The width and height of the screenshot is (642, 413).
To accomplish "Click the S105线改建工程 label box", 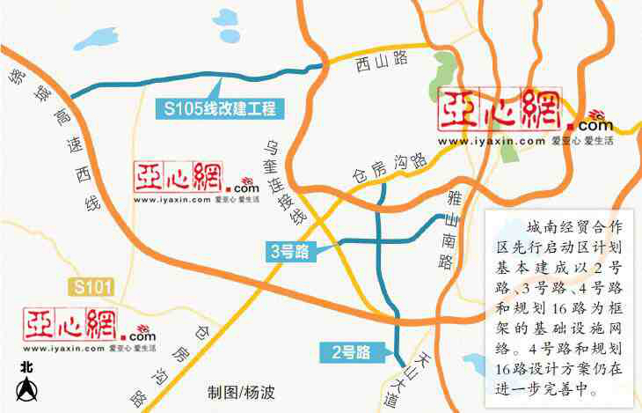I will click(x=217, y=109).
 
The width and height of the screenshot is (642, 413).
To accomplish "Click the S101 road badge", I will click(x=92, y=286).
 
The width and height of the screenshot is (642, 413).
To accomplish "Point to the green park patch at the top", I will click(x=448, y=70).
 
